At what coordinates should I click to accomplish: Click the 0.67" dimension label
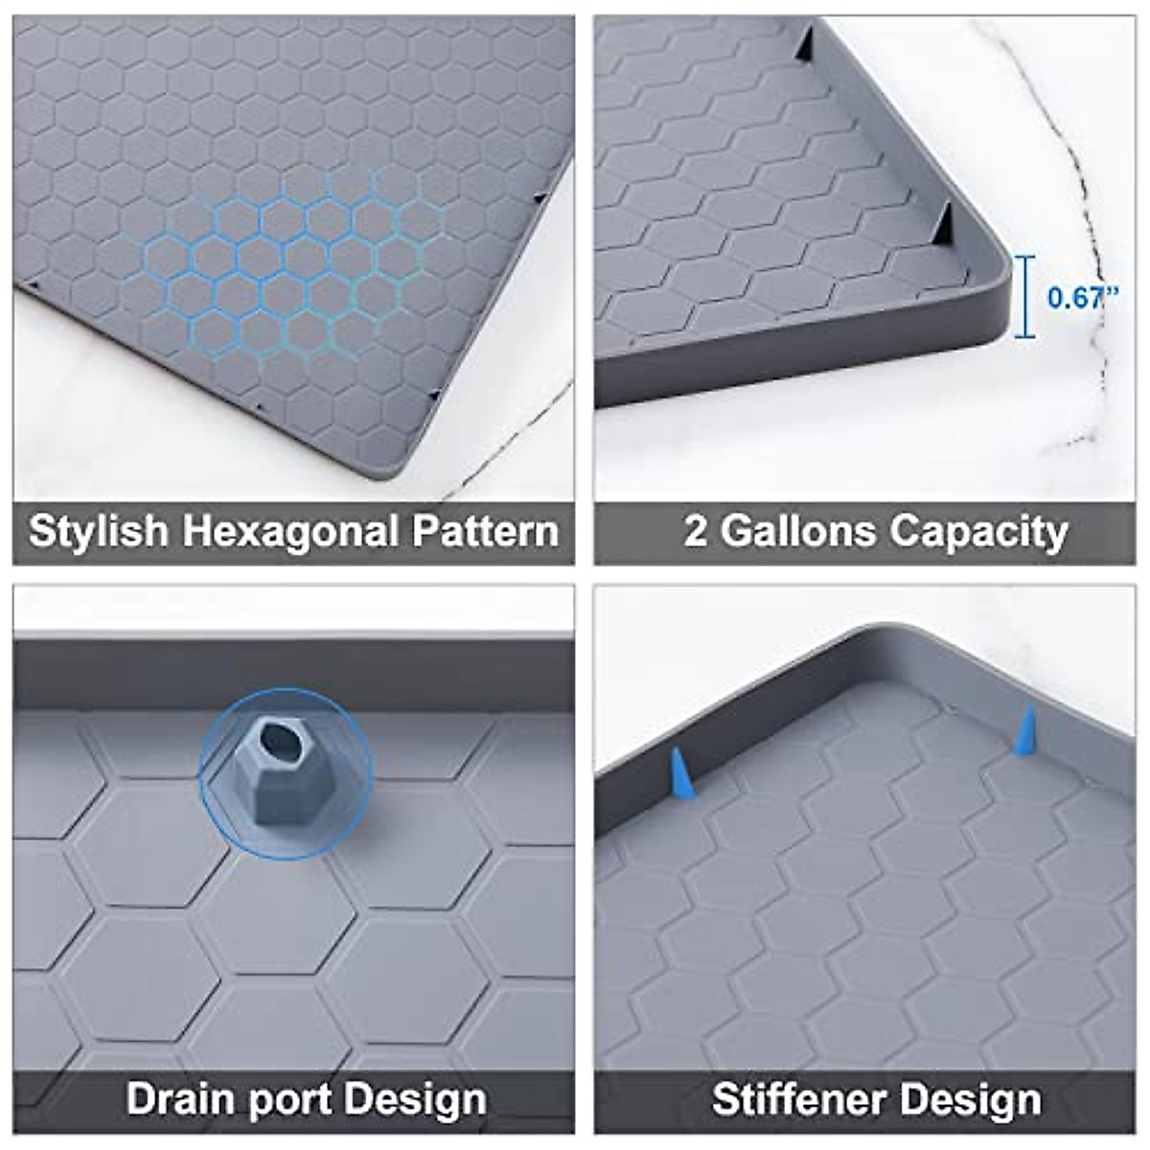1083,297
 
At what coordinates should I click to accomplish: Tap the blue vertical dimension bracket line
1026,297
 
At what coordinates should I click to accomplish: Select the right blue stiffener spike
1024,730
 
